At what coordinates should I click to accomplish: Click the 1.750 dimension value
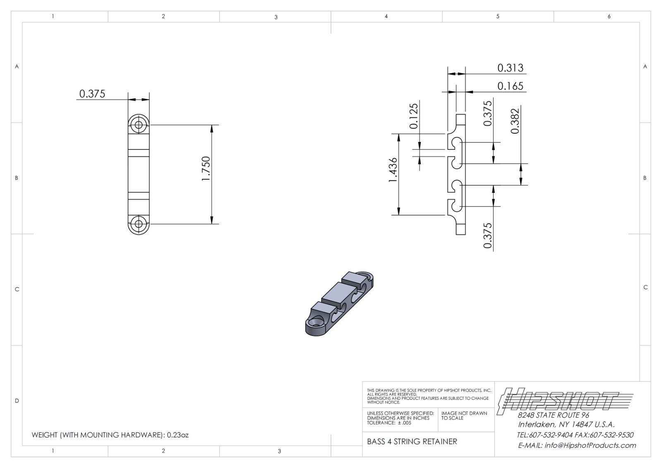tap(206, 168)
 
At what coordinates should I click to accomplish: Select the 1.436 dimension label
tap(393, 170)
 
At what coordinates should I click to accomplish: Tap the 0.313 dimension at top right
tap(510, 68)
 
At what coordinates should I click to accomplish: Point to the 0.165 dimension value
tap(510, 86)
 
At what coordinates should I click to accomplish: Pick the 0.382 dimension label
tap(515, 121)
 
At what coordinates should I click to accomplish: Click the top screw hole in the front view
tap(139, 125)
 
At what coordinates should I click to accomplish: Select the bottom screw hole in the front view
tap(139, 224)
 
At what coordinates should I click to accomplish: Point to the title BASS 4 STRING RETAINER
tap(412, 442)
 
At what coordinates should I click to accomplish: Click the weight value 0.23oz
tap(178, 435)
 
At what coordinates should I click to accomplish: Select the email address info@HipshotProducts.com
tap(590, 445)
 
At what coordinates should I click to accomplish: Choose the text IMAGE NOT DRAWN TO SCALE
tap(464, 415)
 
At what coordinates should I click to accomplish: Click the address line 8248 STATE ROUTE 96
tap(554, 415)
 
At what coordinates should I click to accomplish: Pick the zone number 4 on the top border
tap(386, 17)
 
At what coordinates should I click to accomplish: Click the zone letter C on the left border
tap(17, 289)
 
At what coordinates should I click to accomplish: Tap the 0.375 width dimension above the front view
tap(92, 94)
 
